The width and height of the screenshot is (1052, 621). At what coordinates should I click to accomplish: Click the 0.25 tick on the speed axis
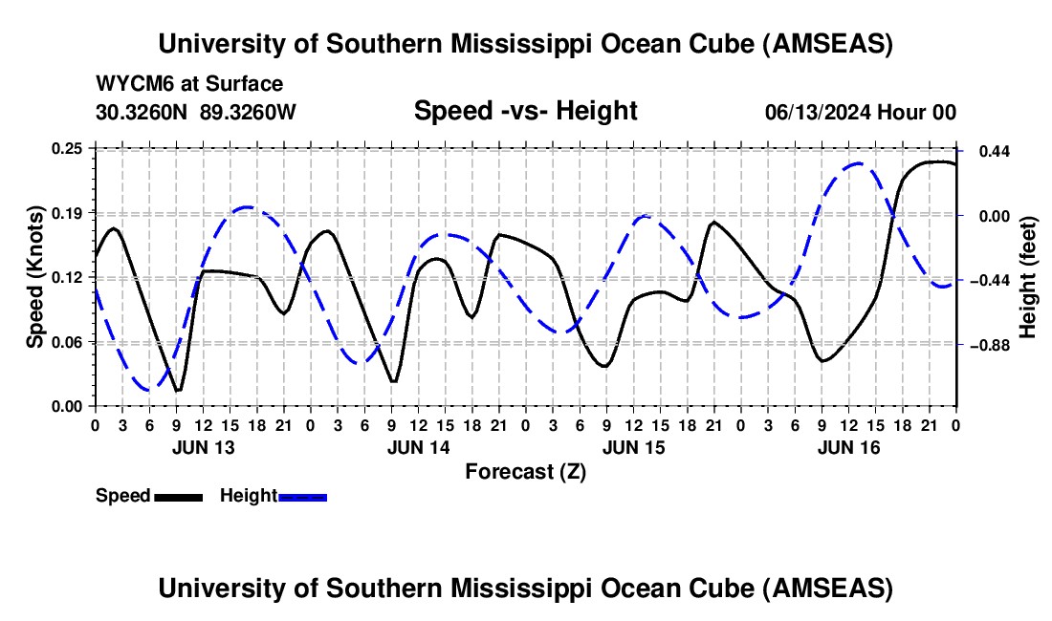click(x=69, y=148)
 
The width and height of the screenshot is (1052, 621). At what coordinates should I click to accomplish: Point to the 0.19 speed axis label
click(x=69, y=212)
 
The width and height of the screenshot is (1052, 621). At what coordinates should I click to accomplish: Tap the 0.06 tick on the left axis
click(x=69, y=342)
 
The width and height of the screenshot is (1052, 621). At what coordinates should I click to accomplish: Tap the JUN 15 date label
click(x=633, y=447)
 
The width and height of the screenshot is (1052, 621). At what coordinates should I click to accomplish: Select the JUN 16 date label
click(x=848, y=447)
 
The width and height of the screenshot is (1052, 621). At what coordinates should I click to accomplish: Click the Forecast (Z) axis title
click(x=525, y=471)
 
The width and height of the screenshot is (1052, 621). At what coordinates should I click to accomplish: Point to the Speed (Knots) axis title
click(x=34, y=276)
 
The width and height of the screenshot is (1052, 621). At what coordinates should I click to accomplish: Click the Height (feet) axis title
click(x=1028, y=276)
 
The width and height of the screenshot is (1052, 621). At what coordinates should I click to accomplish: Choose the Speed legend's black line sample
click(x=179, y=496)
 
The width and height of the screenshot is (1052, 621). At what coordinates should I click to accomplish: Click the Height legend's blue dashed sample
click(x=303, y=496)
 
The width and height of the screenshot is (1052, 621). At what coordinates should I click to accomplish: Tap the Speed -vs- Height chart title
click(x=525, y=111)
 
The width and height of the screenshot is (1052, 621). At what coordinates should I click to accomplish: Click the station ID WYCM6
click(x=129, y=84)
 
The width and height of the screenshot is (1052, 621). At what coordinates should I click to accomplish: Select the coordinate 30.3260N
click(x=143, y=112)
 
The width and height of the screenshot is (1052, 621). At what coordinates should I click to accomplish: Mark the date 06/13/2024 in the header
click(x=818, y=112)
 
